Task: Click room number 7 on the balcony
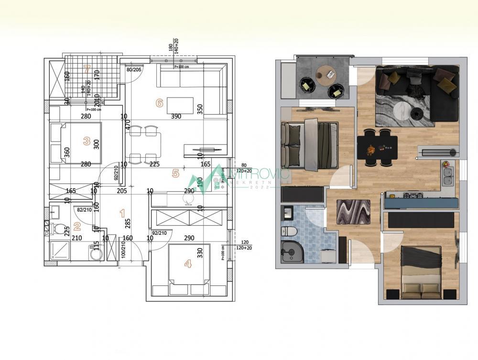[87, 69]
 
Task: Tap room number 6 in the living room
[160, 102]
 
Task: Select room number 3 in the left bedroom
[87, 141]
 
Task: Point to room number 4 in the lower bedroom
[188, 263]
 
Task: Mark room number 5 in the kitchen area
[175, 174]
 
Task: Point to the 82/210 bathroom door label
[84, 209]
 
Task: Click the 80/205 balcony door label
[133, 70]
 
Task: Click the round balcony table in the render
[326, 73]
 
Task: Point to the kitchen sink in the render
[448, 177]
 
